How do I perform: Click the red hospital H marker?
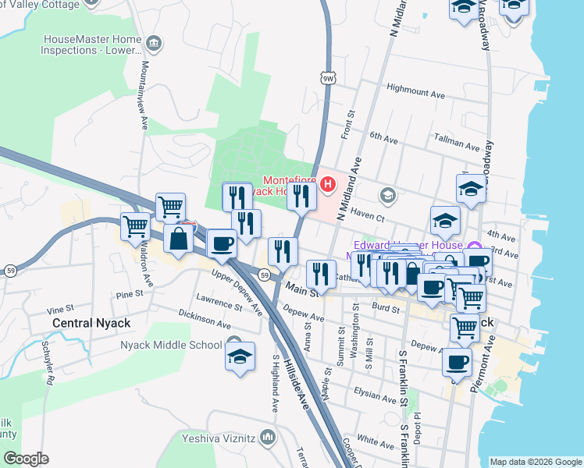pyautogui.click(x=328, y=185)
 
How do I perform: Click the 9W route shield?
pyautogui.click(x=328, y=77)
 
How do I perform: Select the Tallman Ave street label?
pyautogui.click(x=457, y=145)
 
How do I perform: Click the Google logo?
pyautogui.click(x=27, y=459)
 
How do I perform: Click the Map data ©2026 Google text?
pyautogui.click(x=535, y=462)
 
